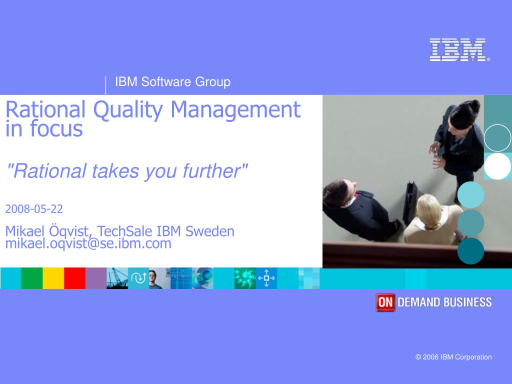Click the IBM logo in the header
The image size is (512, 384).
click(x=458, y=50)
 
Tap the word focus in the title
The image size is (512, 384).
click(x=56, y=129)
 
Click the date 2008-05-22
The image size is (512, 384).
click(x=34, y=208)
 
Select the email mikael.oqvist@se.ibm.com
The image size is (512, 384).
click(x=88, y=244)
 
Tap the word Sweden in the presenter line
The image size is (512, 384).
click(x=209, y=231)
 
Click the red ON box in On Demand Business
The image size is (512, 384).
click(x=385, y=302)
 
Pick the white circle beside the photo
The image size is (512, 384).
click(x=497, y=166)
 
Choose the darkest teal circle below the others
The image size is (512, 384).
click(x=470, y=251)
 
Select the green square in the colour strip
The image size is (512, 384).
click(x=32, y=278)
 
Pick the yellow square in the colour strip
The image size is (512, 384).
click(x=53, y=278)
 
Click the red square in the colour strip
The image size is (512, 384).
click(x=74, y=278)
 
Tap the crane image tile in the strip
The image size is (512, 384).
click(x=117, y=278)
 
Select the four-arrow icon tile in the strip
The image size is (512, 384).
click(x=266, y=278)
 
